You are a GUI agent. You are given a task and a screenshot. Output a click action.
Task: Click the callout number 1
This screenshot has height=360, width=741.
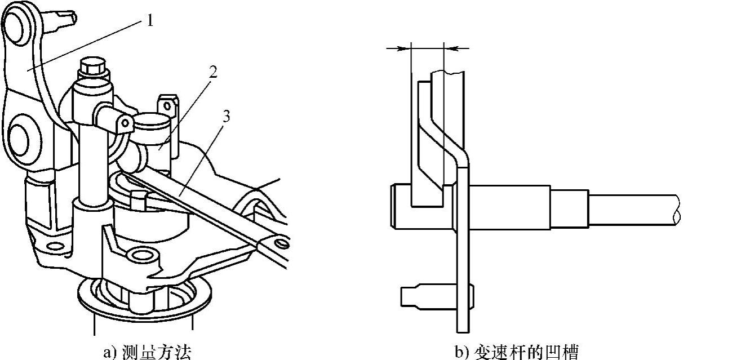click(149, 21)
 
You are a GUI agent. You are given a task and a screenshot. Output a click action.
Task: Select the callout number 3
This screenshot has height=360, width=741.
click(227, 118)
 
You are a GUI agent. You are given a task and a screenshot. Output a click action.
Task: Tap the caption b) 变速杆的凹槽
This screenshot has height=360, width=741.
click(516, 352)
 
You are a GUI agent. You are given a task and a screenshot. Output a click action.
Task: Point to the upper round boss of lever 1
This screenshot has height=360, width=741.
click(17, 21)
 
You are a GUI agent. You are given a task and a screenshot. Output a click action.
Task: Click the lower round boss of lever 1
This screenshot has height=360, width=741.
click(21, 135)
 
